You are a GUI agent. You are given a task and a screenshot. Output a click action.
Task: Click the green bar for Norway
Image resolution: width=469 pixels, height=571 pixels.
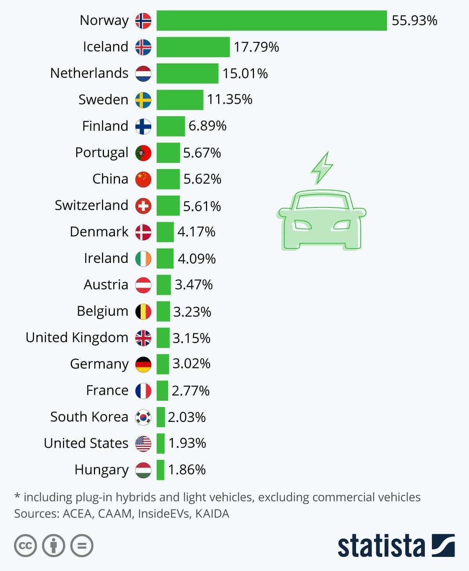(x=272, y=20)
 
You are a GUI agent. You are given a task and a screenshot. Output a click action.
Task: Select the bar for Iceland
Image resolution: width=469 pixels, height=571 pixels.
(x=193, y=47)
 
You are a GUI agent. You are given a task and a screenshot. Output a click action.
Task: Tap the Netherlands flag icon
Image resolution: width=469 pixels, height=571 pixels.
(x=143, y=74)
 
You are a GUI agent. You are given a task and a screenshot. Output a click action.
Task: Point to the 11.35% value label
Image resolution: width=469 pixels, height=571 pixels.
(x=230, y=99)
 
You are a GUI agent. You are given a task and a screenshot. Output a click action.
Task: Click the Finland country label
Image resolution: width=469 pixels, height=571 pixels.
(x=105, y=126)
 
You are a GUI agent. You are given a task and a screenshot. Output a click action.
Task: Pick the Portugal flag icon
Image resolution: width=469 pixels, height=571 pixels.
(x=143, y=153)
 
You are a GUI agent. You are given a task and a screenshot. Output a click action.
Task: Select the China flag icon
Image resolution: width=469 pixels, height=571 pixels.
(x=143, y=179)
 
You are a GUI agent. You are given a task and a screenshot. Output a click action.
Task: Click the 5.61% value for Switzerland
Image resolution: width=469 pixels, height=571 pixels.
(x=202, y=206)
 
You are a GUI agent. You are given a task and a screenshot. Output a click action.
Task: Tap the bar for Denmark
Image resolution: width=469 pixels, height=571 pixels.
(x=165, y=232)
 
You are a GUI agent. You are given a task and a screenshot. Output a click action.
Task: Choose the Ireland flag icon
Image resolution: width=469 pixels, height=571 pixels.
(x=143, y=259)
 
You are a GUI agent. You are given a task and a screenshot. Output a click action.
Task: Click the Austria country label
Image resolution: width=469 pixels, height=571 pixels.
(x=106, y=285)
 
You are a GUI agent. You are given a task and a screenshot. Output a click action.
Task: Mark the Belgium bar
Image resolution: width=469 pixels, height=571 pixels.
(x=163, y=312)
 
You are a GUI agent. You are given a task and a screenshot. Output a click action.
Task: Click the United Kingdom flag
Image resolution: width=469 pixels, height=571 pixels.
(x=143, y=338)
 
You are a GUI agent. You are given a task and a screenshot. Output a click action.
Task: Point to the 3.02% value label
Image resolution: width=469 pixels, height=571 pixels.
(x=192, y=364)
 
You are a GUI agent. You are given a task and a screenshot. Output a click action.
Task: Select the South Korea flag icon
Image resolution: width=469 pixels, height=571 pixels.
(x=143, y=417)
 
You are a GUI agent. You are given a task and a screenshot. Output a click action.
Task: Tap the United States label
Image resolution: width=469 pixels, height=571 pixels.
(x=86, y=443)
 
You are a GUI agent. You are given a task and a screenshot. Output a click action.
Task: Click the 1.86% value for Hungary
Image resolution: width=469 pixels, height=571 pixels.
(x=187, y=470)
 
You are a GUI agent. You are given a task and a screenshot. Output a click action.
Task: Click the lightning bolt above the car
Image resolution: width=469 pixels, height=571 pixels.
(x=322, y=168)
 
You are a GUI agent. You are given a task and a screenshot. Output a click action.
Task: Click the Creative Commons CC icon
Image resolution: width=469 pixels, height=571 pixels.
(x=26, y=545)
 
